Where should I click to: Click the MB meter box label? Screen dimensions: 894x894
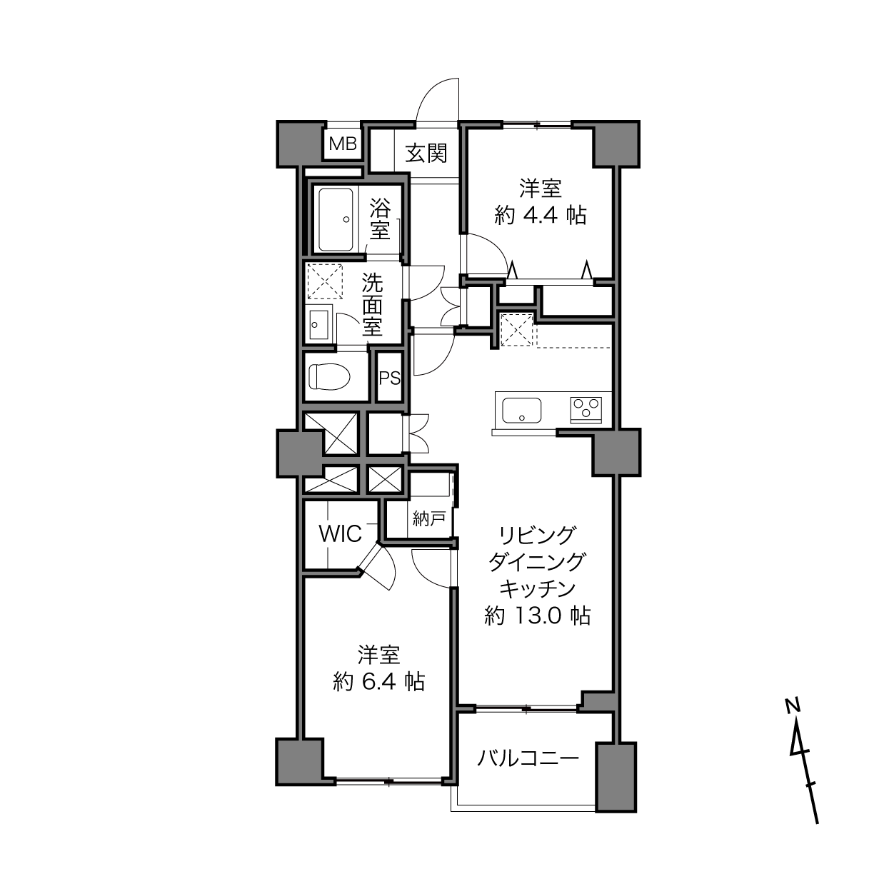[x=343, y=144]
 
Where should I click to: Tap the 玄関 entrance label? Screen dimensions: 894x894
[x=426, y=154]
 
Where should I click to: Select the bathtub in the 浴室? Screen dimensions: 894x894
[x=336, y=219]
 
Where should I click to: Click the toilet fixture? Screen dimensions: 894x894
[x=329, y=376]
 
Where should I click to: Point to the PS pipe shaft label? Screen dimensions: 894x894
[x=389, y=378]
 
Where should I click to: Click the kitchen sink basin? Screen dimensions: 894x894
[x=522, y=410]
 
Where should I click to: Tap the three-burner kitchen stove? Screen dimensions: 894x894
[x=586, y=410]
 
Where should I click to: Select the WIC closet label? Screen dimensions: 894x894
[x=340, y=534]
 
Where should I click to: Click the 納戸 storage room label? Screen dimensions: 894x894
[x=428, y=518]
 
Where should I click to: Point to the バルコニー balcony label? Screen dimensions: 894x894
[x=528, y=758]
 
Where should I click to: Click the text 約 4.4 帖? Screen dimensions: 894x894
[x=541, y=216]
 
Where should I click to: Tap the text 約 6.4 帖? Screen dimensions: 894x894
[x=378, y=682]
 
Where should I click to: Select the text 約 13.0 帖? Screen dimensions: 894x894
[x=537, y=616]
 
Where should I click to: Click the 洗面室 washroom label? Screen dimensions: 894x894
[x=372, y=304]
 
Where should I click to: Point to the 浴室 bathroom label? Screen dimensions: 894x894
[x=380, y=219]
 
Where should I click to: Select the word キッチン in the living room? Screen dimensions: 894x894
[x=537, y=588]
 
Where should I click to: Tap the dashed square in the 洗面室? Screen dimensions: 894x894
[x=325, y=281]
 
